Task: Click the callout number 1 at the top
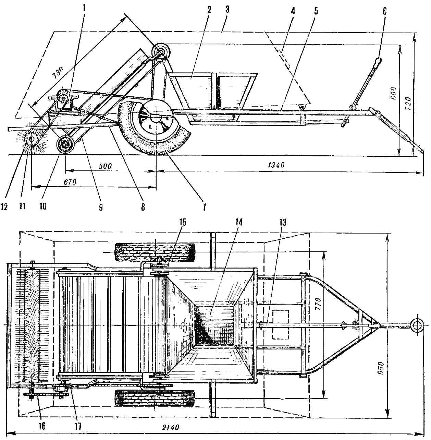click(84, 10)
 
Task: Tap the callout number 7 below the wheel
click(204, 207)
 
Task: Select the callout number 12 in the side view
click(4, 206)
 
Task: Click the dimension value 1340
click(276, 165)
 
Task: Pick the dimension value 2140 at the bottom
click(171, 427)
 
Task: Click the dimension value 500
click(105, 166)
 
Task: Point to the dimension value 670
click(70, 182)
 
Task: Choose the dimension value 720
click(409, 103)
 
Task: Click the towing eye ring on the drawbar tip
click(417, 325)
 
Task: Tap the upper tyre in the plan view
click(155, 252)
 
